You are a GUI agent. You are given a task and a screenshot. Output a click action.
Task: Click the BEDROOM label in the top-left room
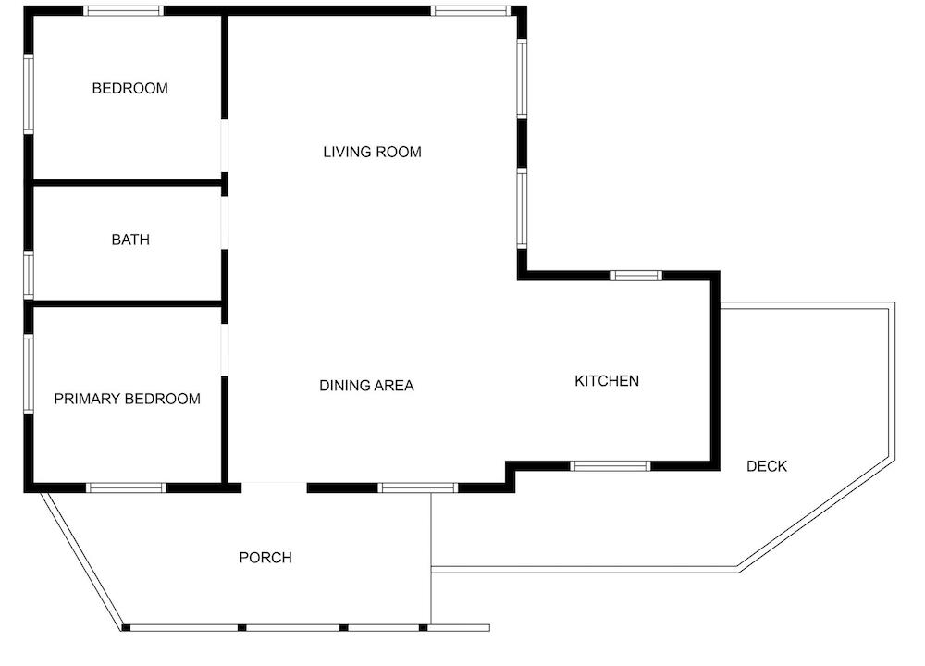pos(129,89)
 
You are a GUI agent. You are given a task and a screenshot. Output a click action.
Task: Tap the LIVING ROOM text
pos(372,153)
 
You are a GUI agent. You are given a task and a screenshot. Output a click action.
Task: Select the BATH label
pos(130,240)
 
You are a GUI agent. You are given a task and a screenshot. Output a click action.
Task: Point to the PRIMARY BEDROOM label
pos(128,399)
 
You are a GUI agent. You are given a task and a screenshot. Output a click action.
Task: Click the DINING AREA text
pos(366,386)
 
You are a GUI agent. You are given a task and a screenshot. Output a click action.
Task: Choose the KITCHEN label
pos(607,381)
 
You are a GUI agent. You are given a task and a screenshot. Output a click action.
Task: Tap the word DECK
pos(767,466)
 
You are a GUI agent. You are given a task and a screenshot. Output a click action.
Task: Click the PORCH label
pos(265,558)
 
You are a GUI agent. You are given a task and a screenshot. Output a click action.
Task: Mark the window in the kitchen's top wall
pos(636,276)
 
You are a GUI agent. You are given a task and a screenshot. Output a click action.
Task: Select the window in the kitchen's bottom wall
pos(610,466)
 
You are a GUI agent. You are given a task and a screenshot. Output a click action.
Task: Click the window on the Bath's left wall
pos(29,275)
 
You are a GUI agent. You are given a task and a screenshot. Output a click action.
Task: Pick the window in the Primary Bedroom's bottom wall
pos(126,487)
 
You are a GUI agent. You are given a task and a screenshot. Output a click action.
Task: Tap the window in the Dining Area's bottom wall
pos(418,487)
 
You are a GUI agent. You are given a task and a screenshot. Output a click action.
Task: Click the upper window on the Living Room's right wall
pos(522,79)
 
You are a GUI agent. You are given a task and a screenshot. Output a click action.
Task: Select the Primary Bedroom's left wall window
pos(29,374)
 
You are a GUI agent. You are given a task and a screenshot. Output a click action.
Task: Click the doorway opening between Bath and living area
pos(224,223)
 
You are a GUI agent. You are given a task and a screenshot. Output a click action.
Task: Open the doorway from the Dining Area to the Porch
pos(275,487)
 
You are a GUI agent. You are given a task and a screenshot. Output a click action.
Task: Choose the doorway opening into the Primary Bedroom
pos(224,350)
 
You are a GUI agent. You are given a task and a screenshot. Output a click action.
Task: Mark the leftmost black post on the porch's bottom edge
pos(126,628)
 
